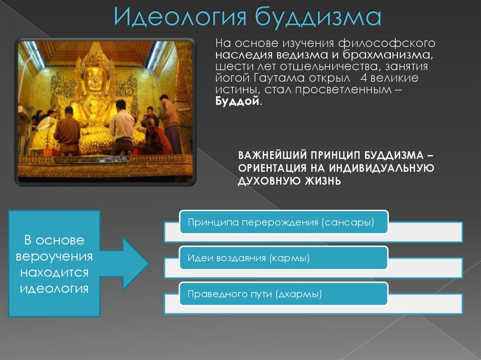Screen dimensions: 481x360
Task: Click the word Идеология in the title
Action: (x=180, y=16)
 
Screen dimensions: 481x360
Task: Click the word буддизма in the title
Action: (x=318, y=16)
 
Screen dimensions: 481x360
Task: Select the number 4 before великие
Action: (x=364, y=78)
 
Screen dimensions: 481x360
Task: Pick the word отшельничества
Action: (x=330, y=67)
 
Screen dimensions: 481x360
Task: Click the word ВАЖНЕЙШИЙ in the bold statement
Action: (x=272, y=155)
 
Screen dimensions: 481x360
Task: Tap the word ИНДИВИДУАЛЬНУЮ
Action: (x=381, y=168)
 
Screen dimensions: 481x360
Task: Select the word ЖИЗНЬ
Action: (x=323, y=181)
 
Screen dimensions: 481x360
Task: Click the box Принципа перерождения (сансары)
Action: (x=284, y=222)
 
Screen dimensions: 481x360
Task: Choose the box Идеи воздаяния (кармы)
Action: (x=284, y=258)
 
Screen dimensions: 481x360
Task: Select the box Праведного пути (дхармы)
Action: (x=284, y=294)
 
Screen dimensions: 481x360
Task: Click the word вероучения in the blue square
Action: (x=54, y=256)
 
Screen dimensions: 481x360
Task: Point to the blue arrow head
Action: (x=135, y=263)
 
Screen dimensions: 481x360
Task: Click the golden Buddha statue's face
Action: (x=93, y=79)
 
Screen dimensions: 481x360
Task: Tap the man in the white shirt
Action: (x=122, y=127)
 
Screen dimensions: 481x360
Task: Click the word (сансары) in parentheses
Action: (x=348, y=222)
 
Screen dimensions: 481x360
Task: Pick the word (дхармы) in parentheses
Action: (x=299, y=294)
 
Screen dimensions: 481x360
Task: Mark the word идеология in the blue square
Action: (x=54, y=289)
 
